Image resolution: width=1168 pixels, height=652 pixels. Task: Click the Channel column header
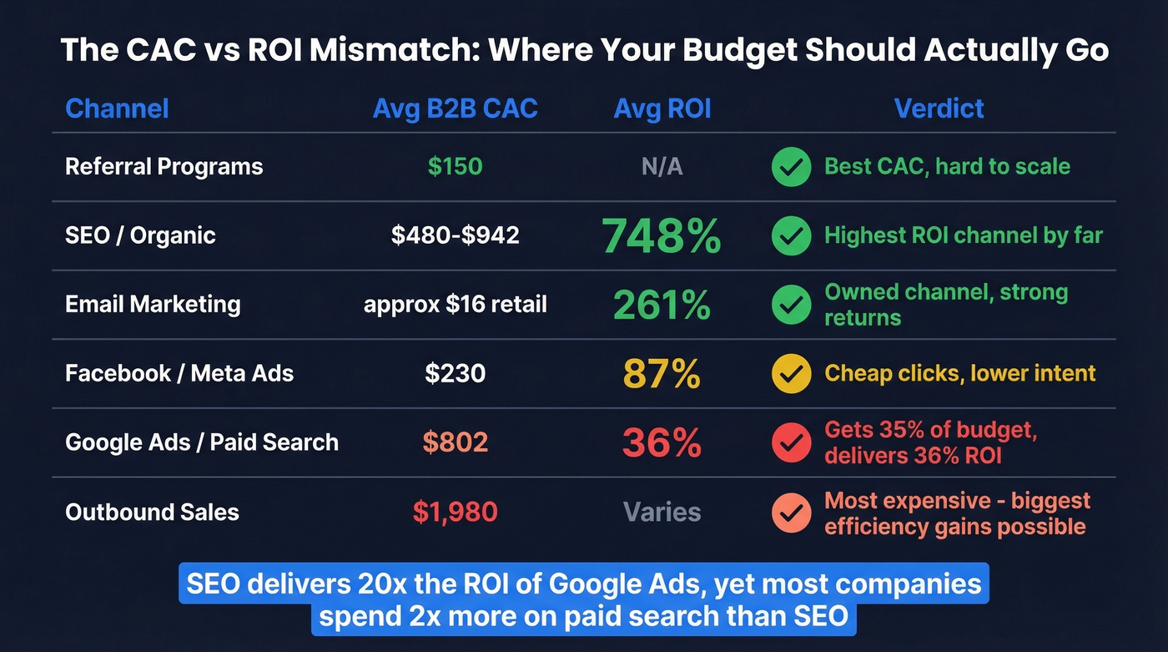coord(117,109)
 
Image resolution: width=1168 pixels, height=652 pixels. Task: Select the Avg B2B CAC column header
coord(455,109)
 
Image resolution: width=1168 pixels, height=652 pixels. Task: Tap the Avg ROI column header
coord(662,109)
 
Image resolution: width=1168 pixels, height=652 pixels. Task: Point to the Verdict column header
coord(939,109)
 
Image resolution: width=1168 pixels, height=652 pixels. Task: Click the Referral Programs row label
coord(164,166)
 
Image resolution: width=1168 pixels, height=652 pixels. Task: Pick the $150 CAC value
coord(455,166)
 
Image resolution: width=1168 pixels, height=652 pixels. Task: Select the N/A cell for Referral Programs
coord(662,167)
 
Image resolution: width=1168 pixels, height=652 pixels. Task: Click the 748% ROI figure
coord(662,235)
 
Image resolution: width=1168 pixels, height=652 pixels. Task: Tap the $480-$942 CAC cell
coord(455,235)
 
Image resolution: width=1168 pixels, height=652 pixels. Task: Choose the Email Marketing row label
coord(153,304)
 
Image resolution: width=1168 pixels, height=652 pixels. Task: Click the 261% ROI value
coord(662,305)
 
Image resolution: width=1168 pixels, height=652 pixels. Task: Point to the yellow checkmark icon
coord(791,373)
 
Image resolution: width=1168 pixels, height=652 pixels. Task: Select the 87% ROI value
coord(662,373)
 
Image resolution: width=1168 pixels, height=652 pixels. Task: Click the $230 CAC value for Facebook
coord(455,373)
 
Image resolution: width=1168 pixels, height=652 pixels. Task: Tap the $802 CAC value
coord(455,442)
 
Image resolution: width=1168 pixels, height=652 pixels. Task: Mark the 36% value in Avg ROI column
coord(662,442)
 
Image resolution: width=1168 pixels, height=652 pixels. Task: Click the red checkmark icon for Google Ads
coord(791,442)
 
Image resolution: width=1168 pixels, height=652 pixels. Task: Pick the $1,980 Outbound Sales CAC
coord(455,512)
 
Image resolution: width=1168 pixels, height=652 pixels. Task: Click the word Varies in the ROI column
coord(662,512)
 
